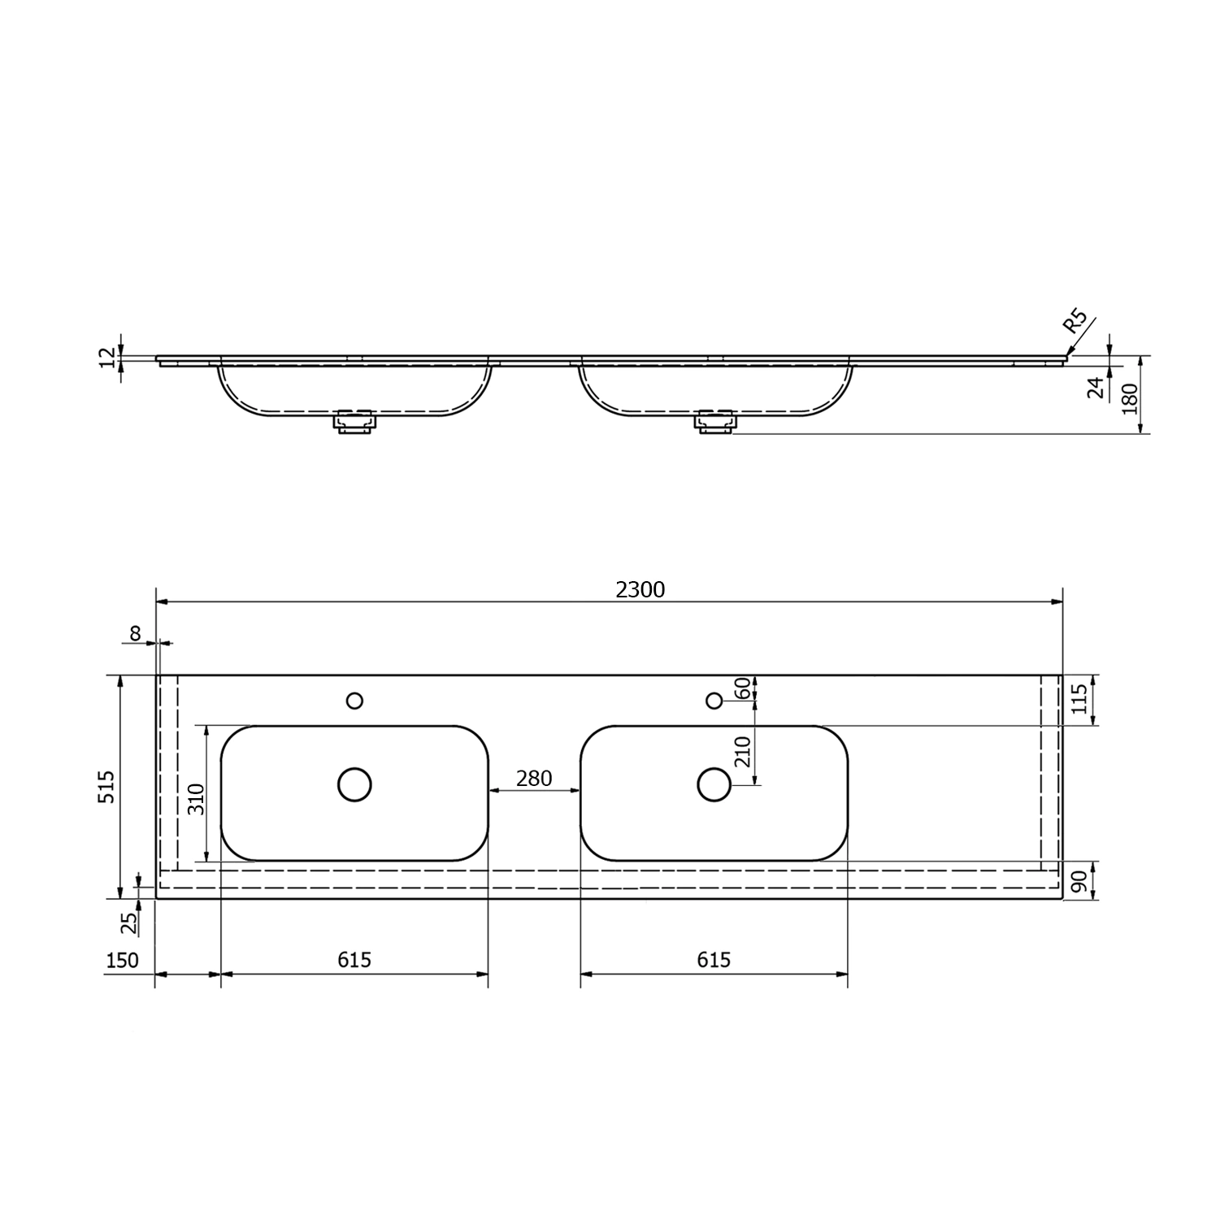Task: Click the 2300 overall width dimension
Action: click(640, 589)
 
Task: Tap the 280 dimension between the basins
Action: click(534, 778)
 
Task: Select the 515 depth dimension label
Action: click(107, 787)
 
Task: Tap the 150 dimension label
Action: click(123, 960)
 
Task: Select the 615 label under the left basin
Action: click(354, 960)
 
